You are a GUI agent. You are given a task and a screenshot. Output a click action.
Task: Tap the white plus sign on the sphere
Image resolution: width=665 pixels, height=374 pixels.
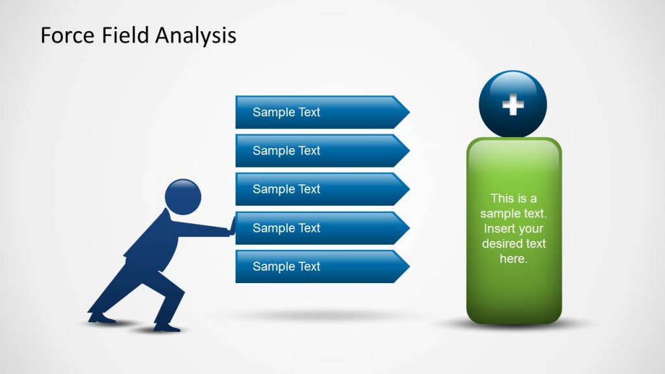[x=513, y=105]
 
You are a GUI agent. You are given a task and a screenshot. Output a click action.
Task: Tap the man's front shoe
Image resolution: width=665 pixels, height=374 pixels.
[x=168, y=327]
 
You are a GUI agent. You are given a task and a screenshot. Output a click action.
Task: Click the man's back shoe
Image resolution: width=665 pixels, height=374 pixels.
[x=101, y=318]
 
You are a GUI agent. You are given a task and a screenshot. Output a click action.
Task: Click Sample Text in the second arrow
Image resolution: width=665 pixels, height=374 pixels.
[x=286, y=151]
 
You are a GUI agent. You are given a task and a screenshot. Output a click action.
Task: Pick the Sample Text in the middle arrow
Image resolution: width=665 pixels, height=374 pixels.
[x=286, y=189]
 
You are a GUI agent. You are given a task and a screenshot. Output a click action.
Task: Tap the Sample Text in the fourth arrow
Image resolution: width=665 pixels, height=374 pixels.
[x=286, y=228]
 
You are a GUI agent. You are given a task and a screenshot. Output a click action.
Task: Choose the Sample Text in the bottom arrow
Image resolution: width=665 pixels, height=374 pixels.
[x=286, y=266]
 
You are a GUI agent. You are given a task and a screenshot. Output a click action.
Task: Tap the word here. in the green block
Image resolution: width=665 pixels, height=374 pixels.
[x=513, y=259]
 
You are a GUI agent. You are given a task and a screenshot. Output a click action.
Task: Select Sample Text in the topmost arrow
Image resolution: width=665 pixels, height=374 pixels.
[x=286, y=112]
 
